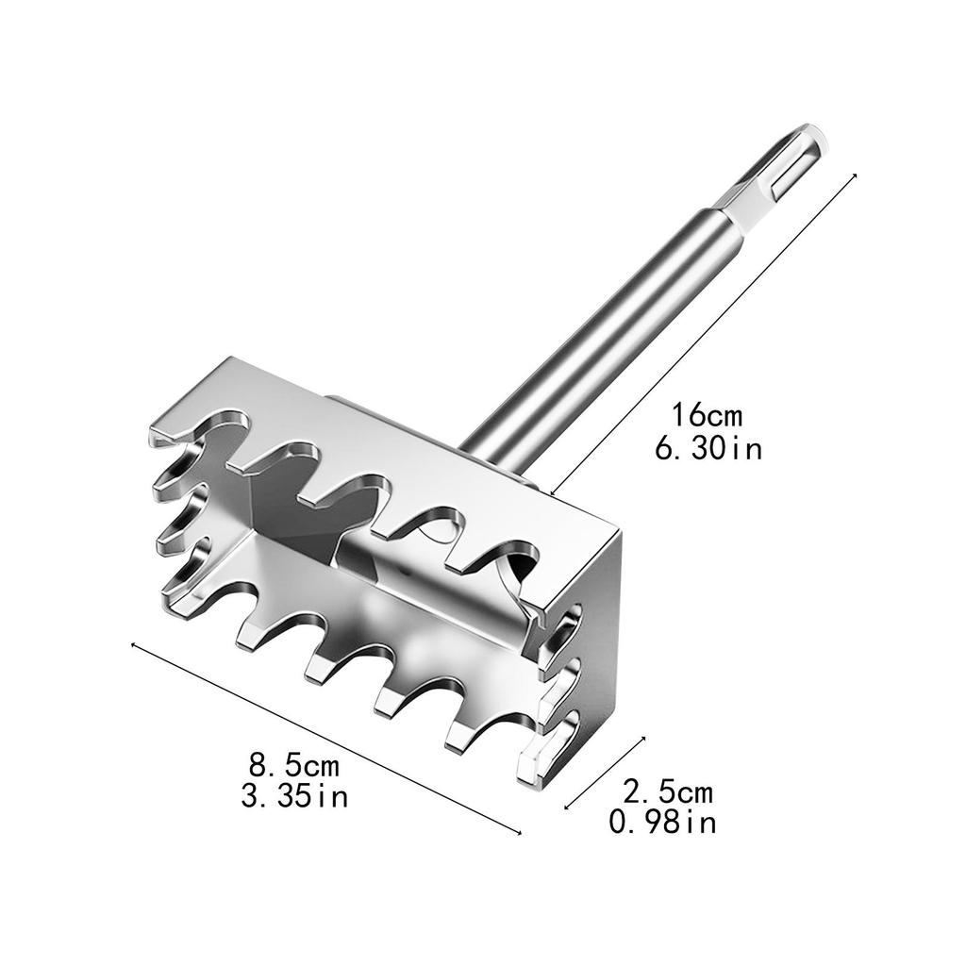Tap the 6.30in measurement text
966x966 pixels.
708,447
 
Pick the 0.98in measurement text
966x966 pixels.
662,824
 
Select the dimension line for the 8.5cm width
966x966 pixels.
325,738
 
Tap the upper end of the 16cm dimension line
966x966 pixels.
855,175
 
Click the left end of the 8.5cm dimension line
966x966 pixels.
132,645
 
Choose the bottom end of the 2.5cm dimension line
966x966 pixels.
566,808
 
